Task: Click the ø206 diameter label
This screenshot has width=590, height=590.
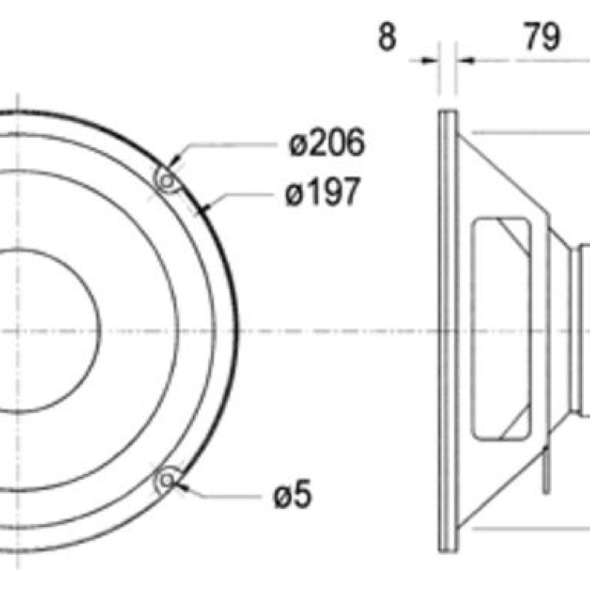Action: (x=326, y=142)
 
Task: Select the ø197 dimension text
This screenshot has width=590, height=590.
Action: (x=323, y=192)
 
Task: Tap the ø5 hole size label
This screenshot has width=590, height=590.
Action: (x=292, y=494)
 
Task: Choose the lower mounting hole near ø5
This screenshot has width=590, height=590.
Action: (x=167, y=480)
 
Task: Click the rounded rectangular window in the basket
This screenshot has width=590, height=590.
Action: (x=501, y=328)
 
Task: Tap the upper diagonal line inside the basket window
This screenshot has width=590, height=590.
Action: (x=513, y=236)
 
